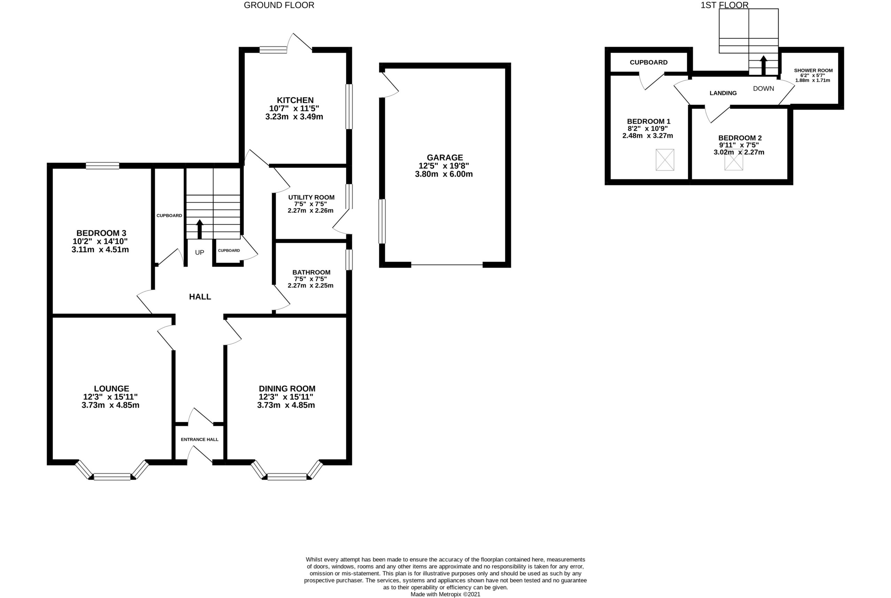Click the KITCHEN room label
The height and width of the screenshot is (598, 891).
(295, 100)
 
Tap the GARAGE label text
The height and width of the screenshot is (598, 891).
(444, 157)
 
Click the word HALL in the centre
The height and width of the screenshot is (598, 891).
(200, 297)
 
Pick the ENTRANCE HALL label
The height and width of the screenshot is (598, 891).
(199, 439)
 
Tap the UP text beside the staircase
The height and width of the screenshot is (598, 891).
(199, 253)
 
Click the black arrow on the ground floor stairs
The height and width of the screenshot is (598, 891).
(199, 229)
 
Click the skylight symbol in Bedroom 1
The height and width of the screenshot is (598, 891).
(665, 160)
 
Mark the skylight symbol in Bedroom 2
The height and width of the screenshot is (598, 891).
(734, 162)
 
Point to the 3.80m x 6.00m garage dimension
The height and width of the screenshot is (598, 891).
(444, 174)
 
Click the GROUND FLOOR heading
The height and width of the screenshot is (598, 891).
(279, 5)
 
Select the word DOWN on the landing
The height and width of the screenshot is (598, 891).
(763, 88)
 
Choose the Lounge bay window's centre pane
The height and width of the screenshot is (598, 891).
(112, 476)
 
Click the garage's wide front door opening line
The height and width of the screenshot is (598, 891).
(447, 264)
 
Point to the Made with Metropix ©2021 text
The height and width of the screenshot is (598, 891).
(445, 594)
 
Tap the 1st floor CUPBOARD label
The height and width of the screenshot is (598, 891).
(648, 62)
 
